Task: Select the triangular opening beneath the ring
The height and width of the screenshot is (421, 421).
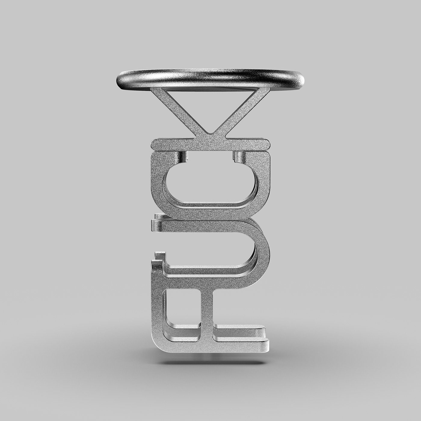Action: pos(210,105)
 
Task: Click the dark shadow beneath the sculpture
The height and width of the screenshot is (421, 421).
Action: pos(210,361)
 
